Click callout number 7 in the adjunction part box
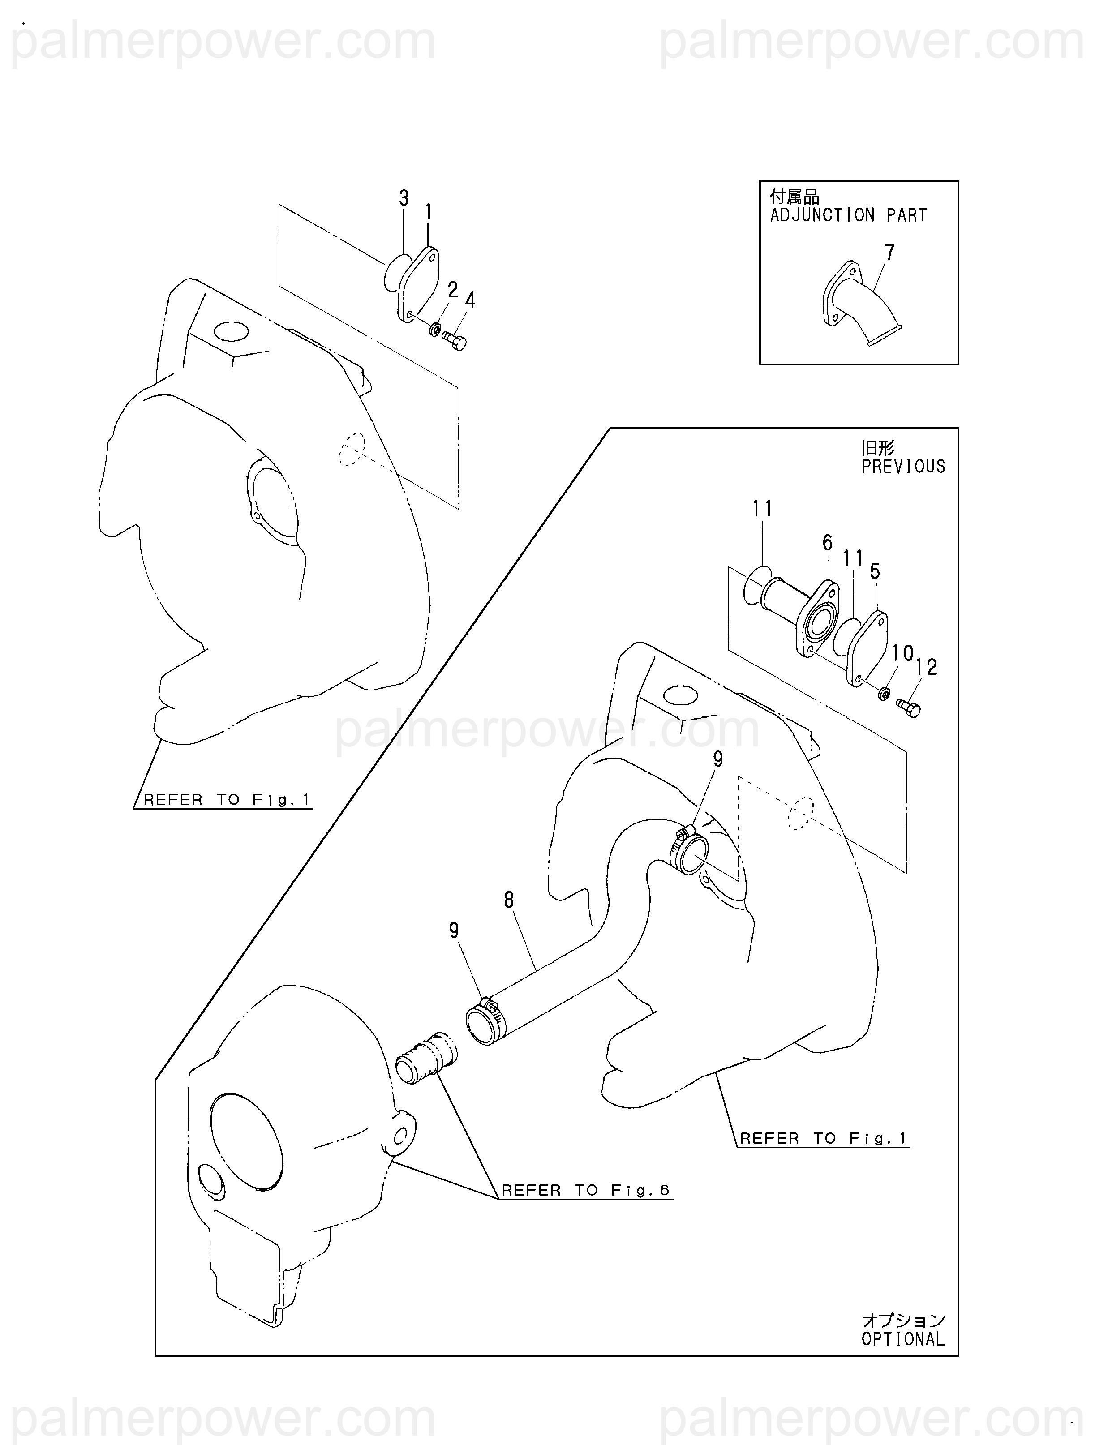click(889, 253)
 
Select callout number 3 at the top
click(404, 198)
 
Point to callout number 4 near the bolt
click(470, 300)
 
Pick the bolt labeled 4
click(454, 340)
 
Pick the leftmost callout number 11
click(762, 508)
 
